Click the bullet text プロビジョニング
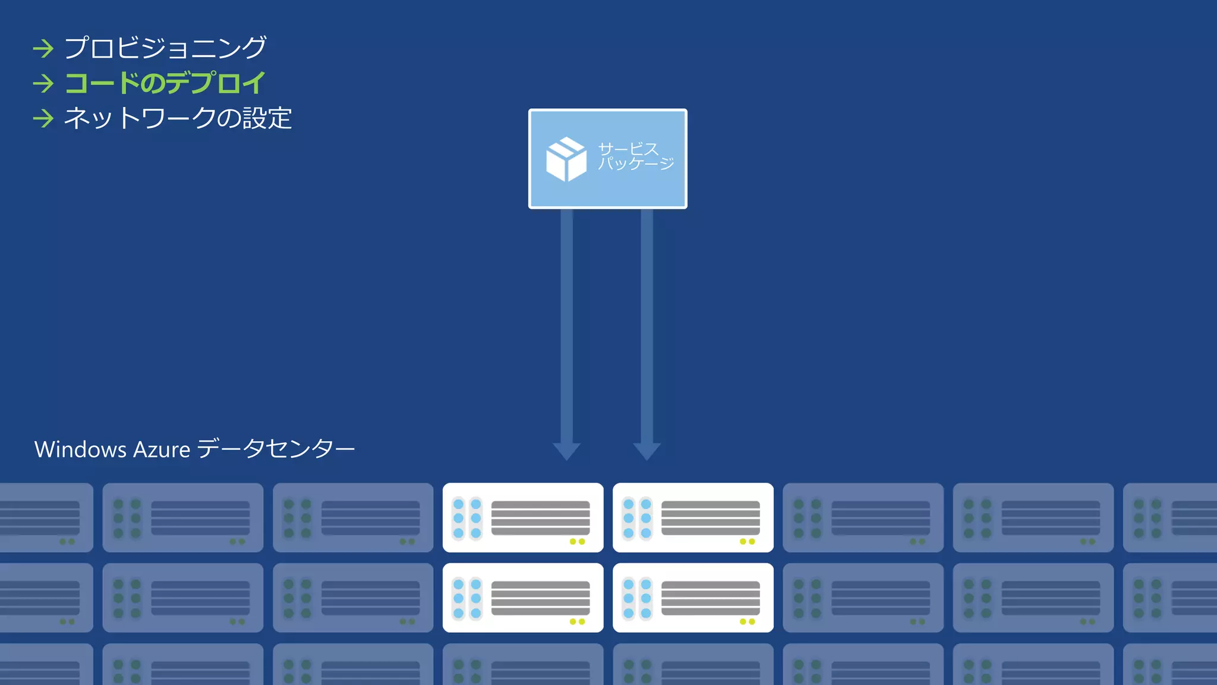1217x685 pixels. pos(165,48)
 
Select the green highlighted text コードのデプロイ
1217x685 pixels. pos(165,83)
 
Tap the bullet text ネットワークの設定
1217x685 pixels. pos(178,118)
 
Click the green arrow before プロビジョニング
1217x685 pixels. pos(43,48)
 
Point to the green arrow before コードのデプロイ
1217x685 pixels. pos(43,83)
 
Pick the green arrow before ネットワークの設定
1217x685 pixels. pos(43,118)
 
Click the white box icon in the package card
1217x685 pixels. pos(566,159)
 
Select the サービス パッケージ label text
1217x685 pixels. pos(635,156)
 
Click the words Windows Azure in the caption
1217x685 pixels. pos(112,450)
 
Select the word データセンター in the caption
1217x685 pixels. pos(275,448)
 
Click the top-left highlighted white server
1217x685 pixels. pos(523,517)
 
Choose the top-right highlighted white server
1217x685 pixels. pos(693,517)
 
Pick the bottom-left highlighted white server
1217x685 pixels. pos(523,598)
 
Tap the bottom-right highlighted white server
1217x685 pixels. pos(693,598)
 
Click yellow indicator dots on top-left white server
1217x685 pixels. pos(577,542)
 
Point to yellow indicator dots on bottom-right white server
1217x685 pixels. pos(747,622)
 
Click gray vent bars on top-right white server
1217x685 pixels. pos(711,517)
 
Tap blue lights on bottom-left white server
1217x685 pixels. pos(467,598)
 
